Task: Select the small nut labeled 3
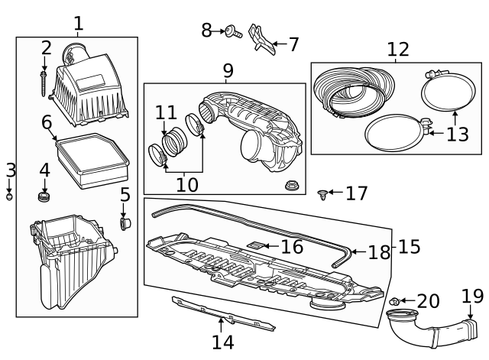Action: click(10, 196)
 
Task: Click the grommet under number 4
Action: click(44, 198)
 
